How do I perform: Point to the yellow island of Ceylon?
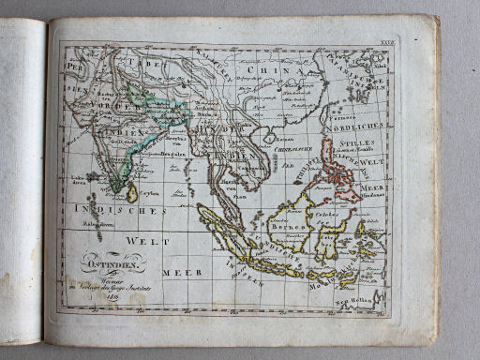tap(132, 192)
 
